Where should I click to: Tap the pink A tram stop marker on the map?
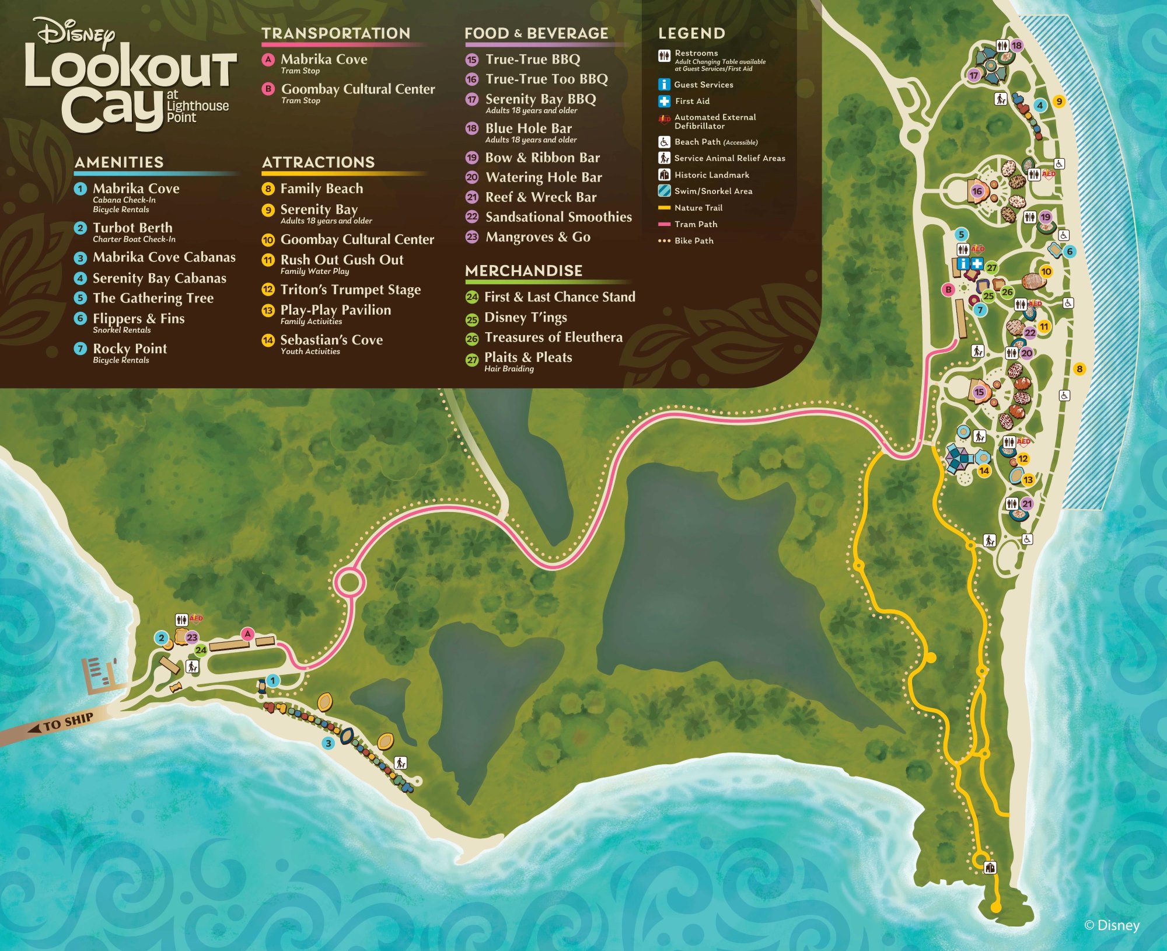tap(248, 634)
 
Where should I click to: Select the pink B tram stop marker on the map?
tap(949, 290)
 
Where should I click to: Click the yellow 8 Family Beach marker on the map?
tap(1079, 368)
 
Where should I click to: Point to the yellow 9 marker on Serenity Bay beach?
tap(1059, 102)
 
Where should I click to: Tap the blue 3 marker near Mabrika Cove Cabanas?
tap(329, 743)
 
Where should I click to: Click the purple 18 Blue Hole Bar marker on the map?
tap(1016, 46)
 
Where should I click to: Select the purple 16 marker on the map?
tap(977, 191)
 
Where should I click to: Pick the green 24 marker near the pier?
tap(201, 650)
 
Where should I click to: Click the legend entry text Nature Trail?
tap(698, 208)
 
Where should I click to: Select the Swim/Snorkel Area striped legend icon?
tap(664, 191)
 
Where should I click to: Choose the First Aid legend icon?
tap(664, 101)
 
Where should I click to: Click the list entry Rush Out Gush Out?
tap(341, 260)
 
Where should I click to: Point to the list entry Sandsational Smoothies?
tap(558, 217)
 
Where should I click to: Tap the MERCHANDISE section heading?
tap(523, 271)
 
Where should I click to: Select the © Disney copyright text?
tap(1111, 925)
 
